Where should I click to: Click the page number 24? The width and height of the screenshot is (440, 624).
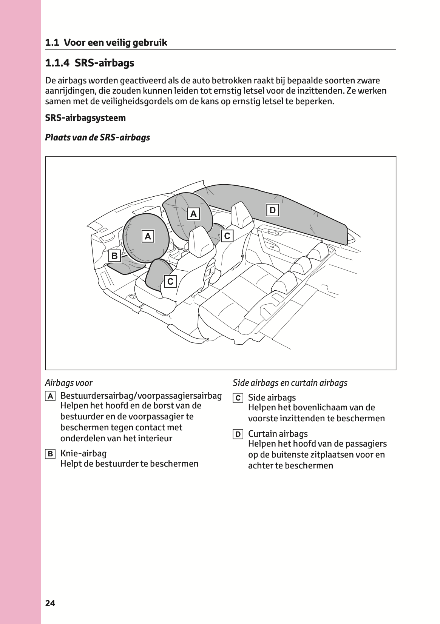point(50,603)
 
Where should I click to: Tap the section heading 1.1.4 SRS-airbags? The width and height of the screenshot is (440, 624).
point(90,63)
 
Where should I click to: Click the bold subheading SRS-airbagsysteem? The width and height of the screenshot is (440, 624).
point(85,118)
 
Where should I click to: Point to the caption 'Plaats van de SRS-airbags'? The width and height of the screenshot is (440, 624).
point(97,137)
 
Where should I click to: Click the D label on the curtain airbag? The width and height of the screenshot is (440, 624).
point(272,210)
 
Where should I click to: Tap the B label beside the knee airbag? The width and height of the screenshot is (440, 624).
point(114,256)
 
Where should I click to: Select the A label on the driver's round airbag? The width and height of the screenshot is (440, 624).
point(148,237)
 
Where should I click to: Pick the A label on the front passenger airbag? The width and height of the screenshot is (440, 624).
point(193,214)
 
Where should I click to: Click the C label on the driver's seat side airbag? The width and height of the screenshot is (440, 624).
point(170,282)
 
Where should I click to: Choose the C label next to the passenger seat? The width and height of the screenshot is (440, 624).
point(227,236)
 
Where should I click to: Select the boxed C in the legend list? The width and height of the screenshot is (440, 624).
point(238,398)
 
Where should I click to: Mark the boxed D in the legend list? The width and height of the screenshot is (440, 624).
point(238,434)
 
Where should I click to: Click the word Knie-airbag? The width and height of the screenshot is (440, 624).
point(83,453)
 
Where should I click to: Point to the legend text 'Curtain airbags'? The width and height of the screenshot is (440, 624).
point(278,434)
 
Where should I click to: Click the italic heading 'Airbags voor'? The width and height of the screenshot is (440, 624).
point(69,383)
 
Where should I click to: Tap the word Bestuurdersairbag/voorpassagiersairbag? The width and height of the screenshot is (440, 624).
point(141,396)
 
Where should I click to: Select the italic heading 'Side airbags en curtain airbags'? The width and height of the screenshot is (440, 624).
point(290,383)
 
